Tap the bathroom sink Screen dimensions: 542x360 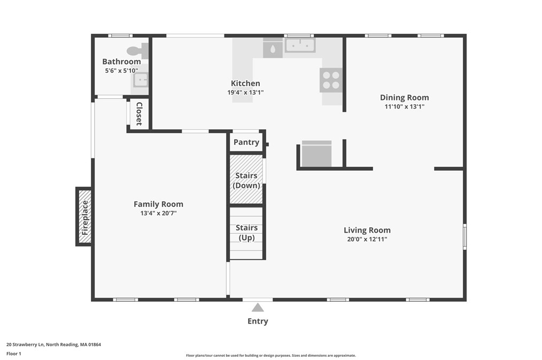tap(141, 80)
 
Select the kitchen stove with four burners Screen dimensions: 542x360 tap(331, 80)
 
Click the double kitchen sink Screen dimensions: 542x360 tap(300, 45)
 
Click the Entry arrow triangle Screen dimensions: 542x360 tap(258, 308)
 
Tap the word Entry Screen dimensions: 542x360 tap(258, 321)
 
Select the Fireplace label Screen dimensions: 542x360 tap(84, 218)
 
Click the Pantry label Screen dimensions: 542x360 tap(246, 142)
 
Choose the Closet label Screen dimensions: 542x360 tap(140, 114)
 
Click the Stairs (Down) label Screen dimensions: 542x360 tap(246, 180)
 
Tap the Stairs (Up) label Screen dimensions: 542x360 tap(246, 233)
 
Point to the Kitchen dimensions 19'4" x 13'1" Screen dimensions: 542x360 tap(245, 93)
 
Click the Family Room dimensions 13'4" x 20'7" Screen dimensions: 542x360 tap(158, 213)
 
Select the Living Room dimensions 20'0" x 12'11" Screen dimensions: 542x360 tap(367, 239)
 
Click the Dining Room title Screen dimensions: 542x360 tap(405, 97)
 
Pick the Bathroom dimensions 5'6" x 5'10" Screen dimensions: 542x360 tap(122, 71)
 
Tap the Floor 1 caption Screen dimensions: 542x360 tap(14, 354)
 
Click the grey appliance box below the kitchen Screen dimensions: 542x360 tap(316, 154)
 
